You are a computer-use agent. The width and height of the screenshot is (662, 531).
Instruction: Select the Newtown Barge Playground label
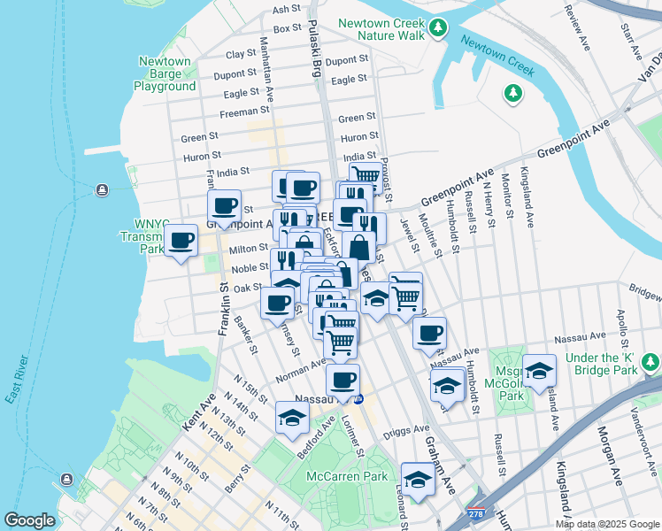[x=165, y=74]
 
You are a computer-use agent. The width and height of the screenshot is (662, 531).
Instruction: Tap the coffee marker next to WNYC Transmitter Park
[x=181, y=240]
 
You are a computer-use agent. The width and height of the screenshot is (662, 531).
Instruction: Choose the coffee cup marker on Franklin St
[x=225, y=207]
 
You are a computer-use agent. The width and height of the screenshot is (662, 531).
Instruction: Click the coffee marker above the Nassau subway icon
[x=343, y=381]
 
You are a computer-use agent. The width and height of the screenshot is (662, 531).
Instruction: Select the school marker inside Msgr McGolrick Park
[x=538, y=373]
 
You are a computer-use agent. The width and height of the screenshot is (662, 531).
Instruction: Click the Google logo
[x=29, y=520]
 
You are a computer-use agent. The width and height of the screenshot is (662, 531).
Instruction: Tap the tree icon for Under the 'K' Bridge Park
[x=650, y=363]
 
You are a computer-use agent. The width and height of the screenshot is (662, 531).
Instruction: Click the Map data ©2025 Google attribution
[x=607, y=524]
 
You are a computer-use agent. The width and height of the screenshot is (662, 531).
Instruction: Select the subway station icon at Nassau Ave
[x=359, y=399]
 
